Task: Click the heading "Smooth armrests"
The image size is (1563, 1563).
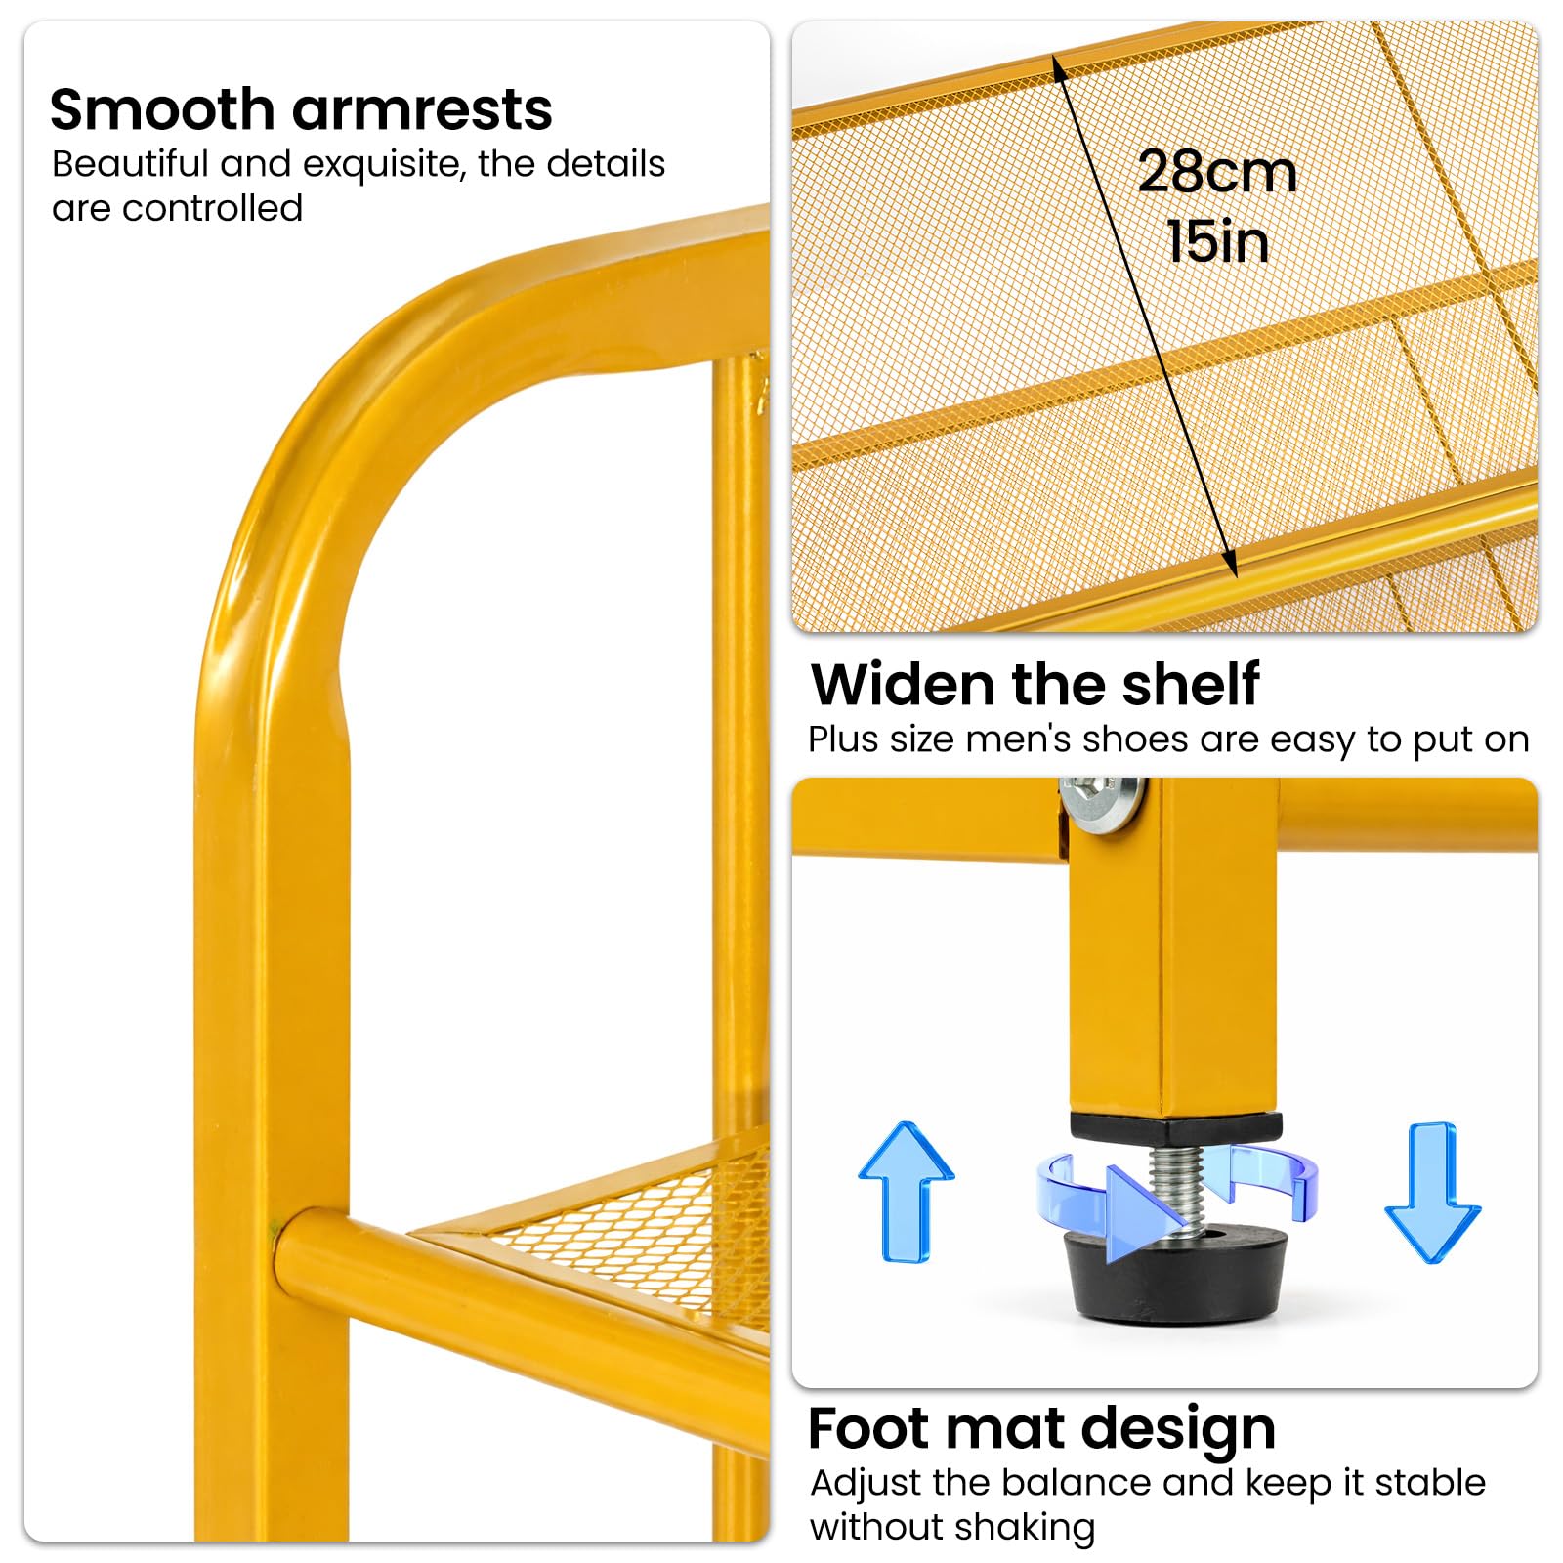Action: coord(301,108)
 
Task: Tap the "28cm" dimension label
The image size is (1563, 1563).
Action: coord(1217,172)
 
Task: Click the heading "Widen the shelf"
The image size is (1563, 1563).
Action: coord(1035,684)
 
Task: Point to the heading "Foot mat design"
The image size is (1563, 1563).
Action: coord(1042,1428)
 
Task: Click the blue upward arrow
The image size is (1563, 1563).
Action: coord(906,1191)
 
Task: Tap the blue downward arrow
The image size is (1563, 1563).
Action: coord(1432,1192)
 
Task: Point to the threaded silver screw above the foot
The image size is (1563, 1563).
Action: coord(1177,1188)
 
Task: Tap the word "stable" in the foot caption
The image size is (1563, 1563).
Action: coord(1429,1483)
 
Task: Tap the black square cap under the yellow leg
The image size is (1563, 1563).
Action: coord(1176,1128)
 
